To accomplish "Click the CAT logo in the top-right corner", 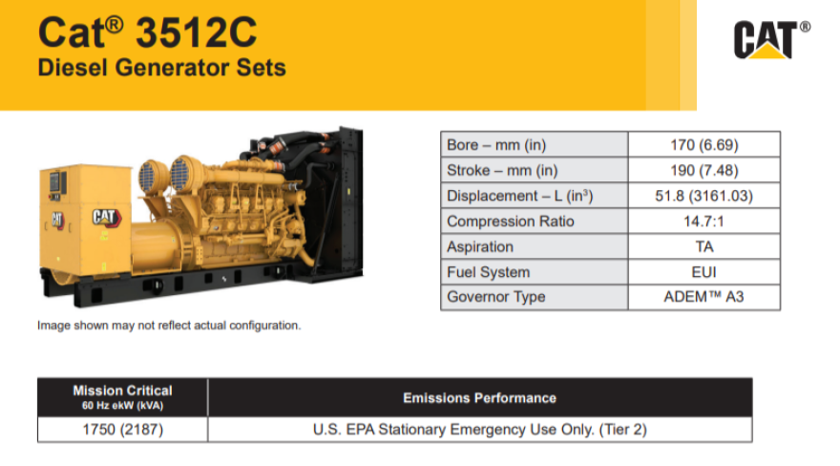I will pos(771,40).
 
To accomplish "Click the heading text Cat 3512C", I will pos(147,32).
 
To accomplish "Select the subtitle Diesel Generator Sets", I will pos(161,69).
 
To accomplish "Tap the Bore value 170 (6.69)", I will pos(704,145).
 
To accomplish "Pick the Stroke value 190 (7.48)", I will pos(704,171).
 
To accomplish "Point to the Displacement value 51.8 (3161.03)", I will pos(704,196).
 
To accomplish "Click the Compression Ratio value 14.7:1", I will pos(704,222).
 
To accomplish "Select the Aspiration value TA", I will pos(704,246).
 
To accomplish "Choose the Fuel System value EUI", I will pos(704,272).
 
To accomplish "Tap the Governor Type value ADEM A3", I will pos(704,297).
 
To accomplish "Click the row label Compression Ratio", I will pos(504,222).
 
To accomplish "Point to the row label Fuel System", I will pos(488,272).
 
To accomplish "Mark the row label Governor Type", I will pos(496,297).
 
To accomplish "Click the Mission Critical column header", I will pos(122,396).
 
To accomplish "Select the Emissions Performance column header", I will pos(479,397).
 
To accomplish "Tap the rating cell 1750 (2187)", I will pos(122,430).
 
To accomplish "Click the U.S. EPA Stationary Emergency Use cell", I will pos(479,430).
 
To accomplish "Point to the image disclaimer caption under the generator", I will pos(169,326).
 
